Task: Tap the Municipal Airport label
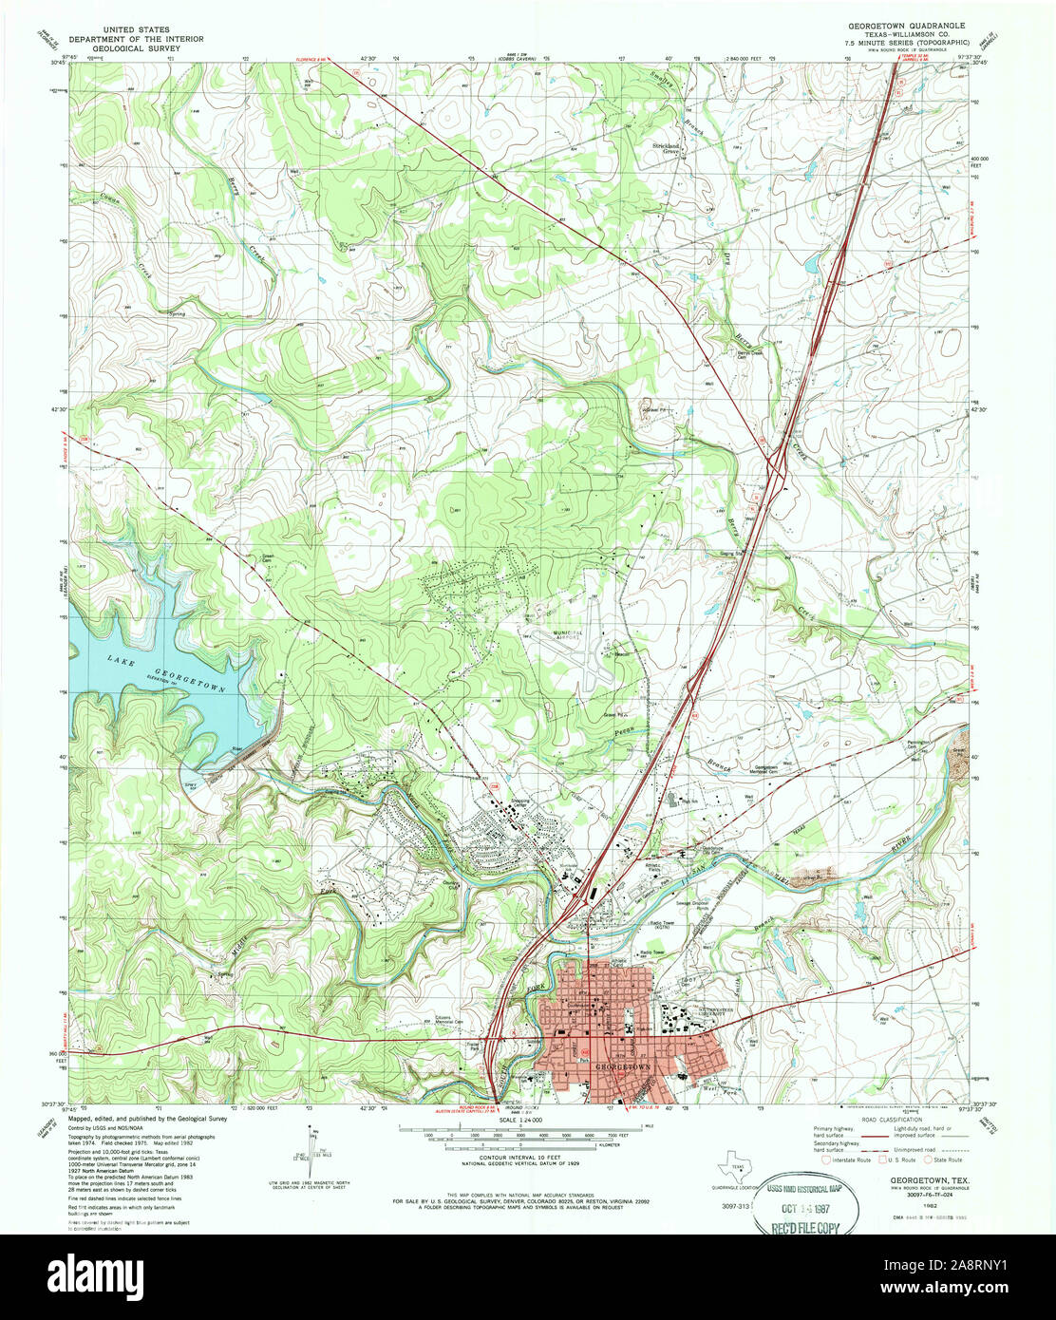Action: (x=573, y=634)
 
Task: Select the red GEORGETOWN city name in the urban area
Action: (x=622, y=1067)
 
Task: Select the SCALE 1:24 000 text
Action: (x=520, y=1121)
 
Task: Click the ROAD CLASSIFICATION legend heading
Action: (x=896, y=1120)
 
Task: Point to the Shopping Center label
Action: (x=521, y=802)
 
